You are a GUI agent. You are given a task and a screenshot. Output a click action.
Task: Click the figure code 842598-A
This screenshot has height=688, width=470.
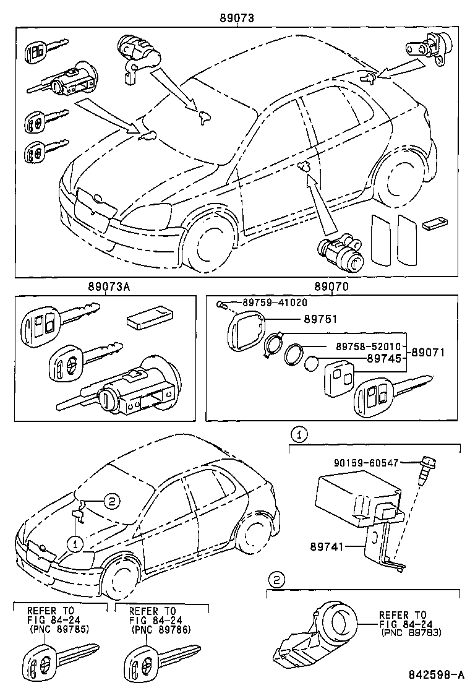(x=437, y=674)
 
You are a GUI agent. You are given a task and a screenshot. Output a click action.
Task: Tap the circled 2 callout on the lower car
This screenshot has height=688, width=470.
(x=110, y=501)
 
